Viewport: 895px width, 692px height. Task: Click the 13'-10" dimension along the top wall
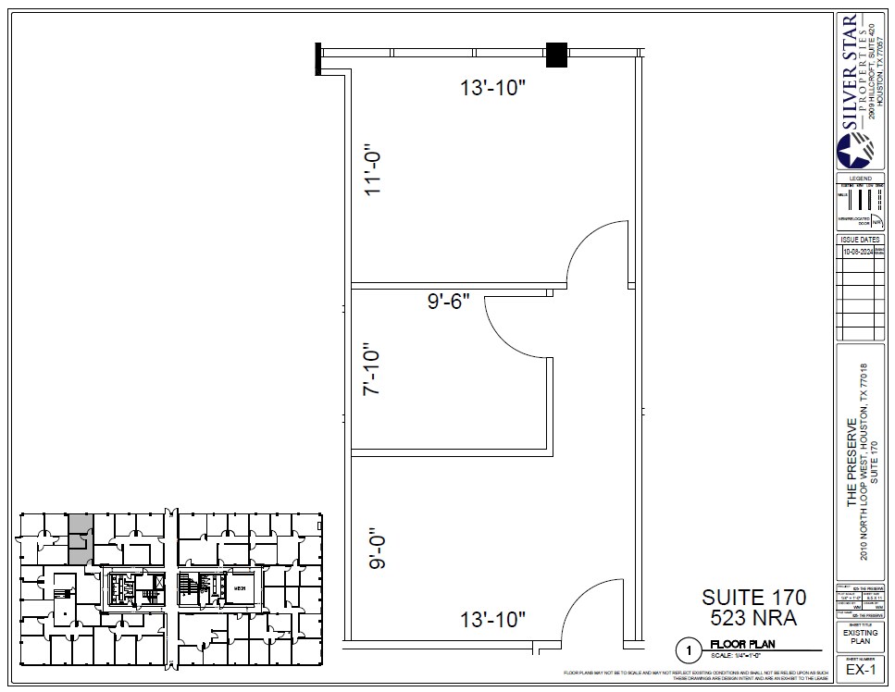coord(493,88)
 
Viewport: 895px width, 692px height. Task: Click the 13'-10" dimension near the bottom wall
coord(493,617)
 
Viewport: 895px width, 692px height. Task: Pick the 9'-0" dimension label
coord(378,548)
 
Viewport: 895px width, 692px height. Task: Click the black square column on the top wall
coord(556,56)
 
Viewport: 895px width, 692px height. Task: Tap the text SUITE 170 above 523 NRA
coord(753,597)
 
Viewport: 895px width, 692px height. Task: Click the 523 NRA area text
coord(753,617)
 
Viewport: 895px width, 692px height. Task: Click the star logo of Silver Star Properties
coord(854,151)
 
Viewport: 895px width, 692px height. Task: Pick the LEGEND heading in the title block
coord(860,178)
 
